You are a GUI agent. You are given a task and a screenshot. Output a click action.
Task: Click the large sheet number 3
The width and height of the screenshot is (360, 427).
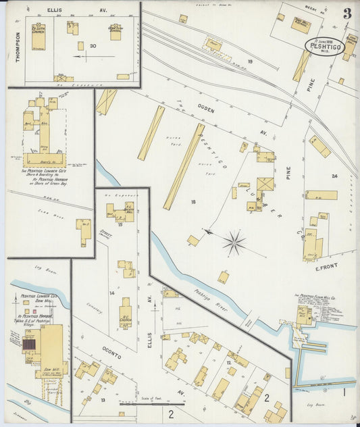pyautogui.click(x=346, y=14)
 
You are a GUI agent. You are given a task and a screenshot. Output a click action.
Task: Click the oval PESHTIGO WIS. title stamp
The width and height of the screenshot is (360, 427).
pyautogui.click(x=324, y=46)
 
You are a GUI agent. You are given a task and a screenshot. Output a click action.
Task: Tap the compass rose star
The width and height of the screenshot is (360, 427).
pyautogui.click(x=234, y=243)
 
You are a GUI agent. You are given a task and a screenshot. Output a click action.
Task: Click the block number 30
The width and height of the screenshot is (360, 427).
pyautogui.click(x=93, y=46)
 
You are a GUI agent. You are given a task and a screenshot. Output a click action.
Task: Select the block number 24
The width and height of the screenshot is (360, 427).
pyautogui.click(x=334, y=176)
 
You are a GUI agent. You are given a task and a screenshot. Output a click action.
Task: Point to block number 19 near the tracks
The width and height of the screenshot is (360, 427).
pyautogui.click(x=249, y=62)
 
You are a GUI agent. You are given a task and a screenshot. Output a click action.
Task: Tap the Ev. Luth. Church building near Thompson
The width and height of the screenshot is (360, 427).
pyautogui.click(x=38, y=36)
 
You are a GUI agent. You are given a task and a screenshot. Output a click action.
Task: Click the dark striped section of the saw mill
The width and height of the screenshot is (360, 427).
pyautogui.click(x=30, y=345)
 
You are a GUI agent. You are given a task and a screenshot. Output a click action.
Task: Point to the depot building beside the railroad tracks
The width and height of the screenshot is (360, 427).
pyautogui.click(x=215, y=46)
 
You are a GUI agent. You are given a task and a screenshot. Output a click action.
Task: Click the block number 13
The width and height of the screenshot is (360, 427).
pyautogui.click(x=103, y=400)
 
